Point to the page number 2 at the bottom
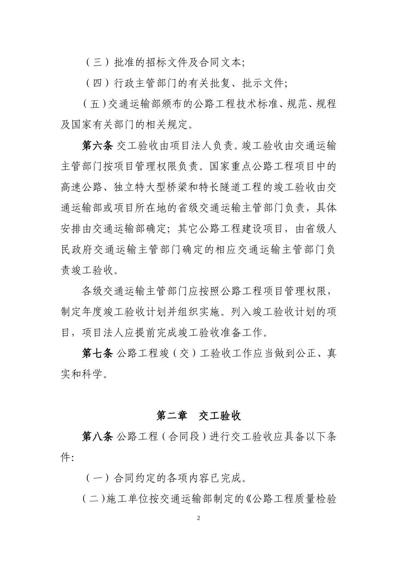(x=198, y=518)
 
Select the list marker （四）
(x=97, y=83)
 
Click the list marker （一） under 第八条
(x=97, y=478)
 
